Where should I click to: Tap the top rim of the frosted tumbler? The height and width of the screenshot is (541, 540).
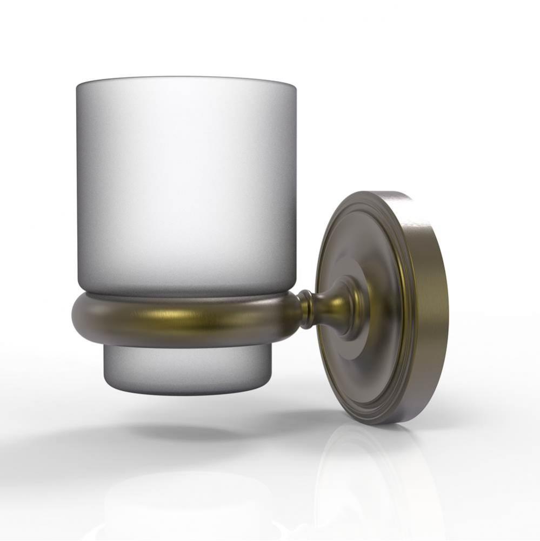point(186,80)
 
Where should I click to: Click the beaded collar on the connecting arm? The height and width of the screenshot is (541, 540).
point(307,308)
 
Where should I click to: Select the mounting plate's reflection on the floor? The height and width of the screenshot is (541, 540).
point(373,476)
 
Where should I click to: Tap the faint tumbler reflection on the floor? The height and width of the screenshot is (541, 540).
point(178,498)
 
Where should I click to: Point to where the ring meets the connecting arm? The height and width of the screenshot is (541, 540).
point(296,308)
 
